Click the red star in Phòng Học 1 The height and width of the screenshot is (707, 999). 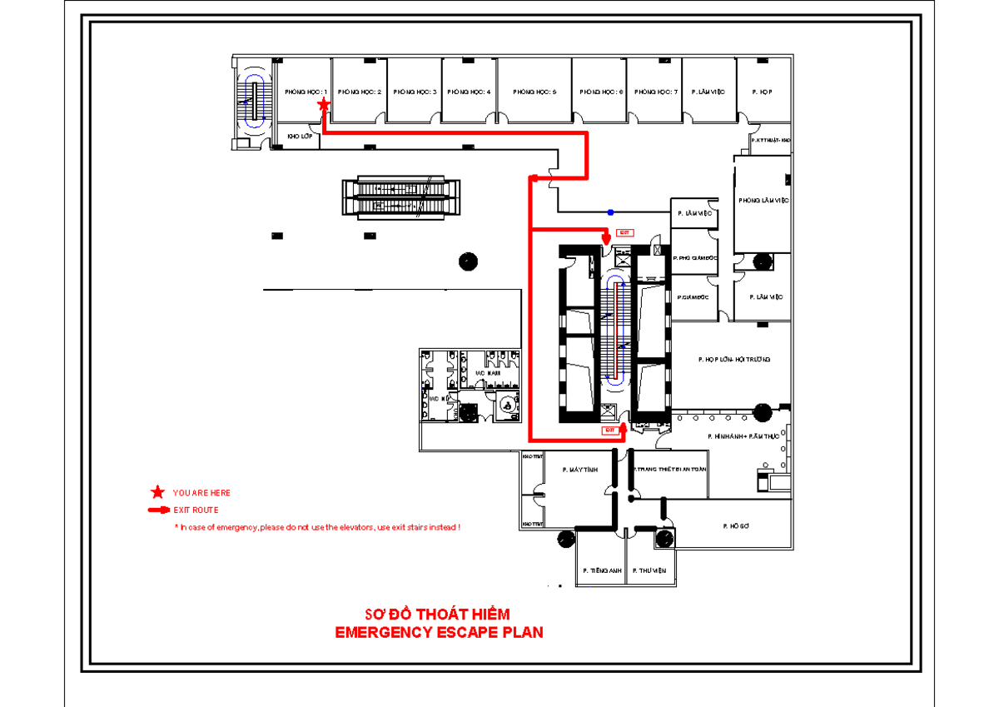324,104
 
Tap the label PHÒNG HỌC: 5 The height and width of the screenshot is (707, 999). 534,92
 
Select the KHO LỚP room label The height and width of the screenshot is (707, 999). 300,136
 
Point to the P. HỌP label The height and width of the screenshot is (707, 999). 762,92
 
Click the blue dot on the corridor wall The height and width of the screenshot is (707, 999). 610,212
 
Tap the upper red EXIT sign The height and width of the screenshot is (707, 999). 624,232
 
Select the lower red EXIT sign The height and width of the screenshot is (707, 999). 610,430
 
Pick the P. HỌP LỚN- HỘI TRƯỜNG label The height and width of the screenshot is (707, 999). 733,360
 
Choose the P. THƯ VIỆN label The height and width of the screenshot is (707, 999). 649,571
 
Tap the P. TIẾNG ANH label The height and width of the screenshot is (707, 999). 600,571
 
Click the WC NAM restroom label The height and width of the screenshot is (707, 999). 486,373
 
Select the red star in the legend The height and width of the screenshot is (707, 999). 157,493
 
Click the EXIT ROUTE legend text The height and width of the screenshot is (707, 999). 196,510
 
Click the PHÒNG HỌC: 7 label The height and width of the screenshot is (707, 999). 656,92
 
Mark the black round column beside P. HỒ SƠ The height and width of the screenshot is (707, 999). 664,539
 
